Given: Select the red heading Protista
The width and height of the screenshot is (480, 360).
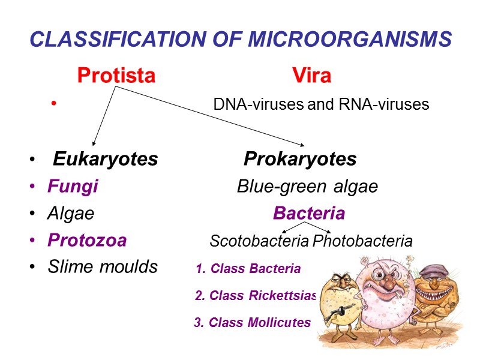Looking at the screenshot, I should (x=116, y=76).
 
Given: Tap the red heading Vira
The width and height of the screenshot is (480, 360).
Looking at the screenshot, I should (x=311, y=76).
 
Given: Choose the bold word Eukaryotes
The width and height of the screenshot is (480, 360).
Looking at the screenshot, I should (x=106, y=160).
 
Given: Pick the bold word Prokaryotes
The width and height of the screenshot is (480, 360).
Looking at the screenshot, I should (x=300, y=160).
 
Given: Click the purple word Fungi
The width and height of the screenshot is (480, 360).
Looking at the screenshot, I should (x=73, y=187).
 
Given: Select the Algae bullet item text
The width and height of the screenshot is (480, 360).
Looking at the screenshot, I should (x=71, y=214).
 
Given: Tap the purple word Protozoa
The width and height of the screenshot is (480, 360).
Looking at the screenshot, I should (x=87, y=241).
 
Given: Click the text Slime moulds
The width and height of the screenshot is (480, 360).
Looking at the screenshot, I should (x=103, y=267).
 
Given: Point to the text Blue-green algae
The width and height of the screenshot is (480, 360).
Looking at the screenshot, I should (x=307, y=187).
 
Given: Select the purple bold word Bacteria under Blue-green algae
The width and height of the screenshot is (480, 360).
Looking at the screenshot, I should (x=309, y=214).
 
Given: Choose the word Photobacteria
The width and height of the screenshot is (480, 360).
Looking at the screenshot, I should (x=363, y=241).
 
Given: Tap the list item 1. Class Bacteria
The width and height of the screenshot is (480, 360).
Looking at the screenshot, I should (x=248, y=269).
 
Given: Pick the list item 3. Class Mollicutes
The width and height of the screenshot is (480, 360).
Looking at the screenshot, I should (x=252, y=323).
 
